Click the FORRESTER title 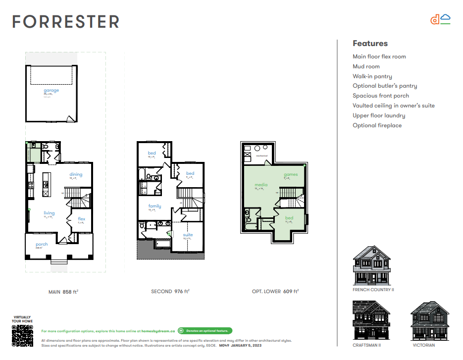point(66,22)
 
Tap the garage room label point(51,91)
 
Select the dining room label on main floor point(76,174)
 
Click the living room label point(49,213)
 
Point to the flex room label point(82,218)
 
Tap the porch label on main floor point(42,244)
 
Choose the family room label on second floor point(154,206)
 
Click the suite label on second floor point(188,235)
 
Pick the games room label point(291,174)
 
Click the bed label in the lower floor point(289,218)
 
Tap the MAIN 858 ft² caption point(63,292)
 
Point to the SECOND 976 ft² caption point(170,292)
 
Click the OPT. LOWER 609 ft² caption point(275,292)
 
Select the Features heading point(370,44)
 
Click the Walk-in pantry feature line point(372,76)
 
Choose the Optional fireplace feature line point(377,125)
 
